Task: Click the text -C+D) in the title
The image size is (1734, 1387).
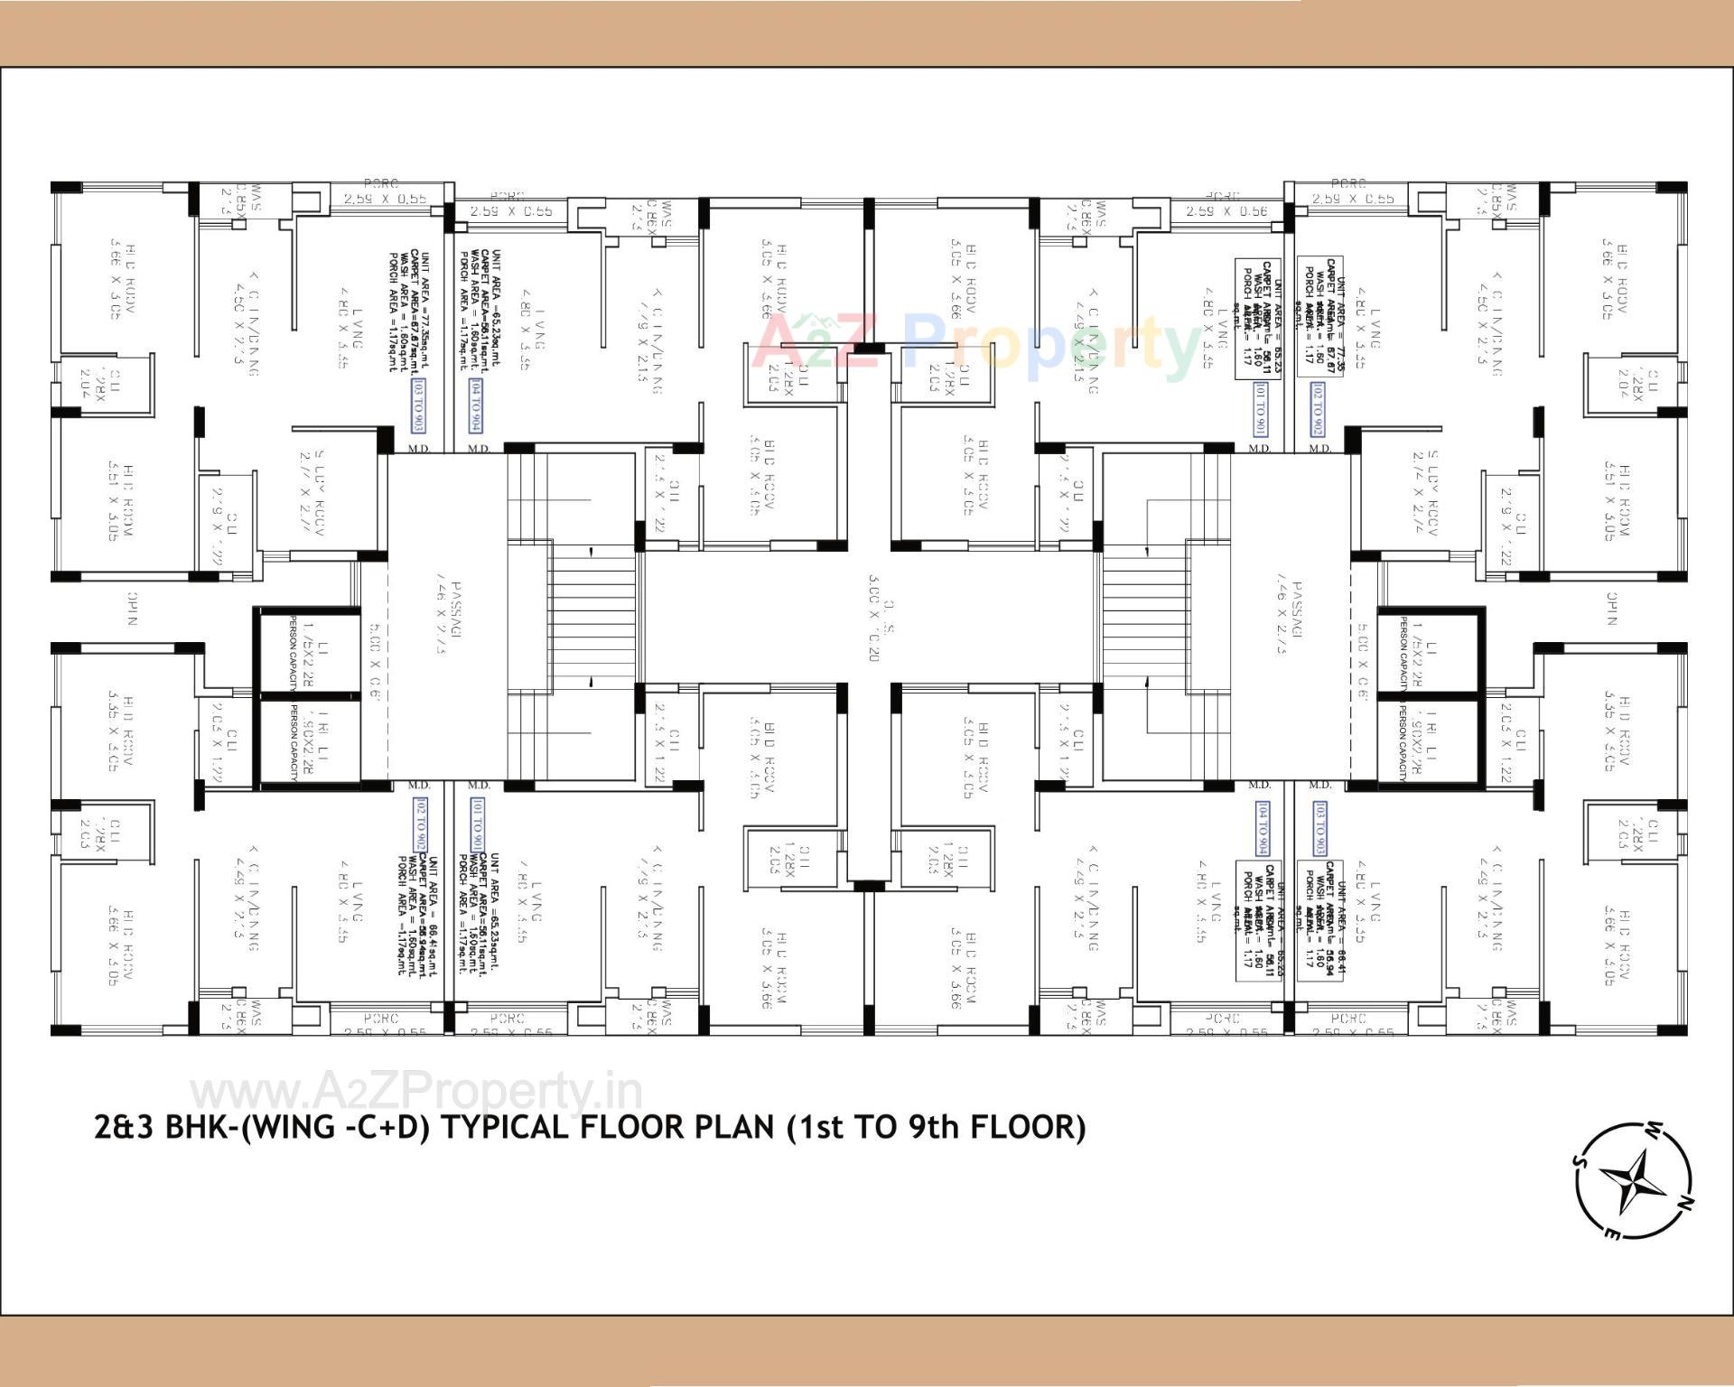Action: click(x=388, y=1128)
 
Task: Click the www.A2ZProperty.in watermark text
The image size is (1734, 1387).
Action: click(x=415, y=1094)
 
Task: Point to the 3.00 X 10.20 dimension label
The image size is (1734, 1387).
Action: click(x=873, y=618)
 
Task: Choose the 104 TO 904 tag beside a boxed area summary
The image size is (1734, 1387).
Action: click(x=1262, y=828)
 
